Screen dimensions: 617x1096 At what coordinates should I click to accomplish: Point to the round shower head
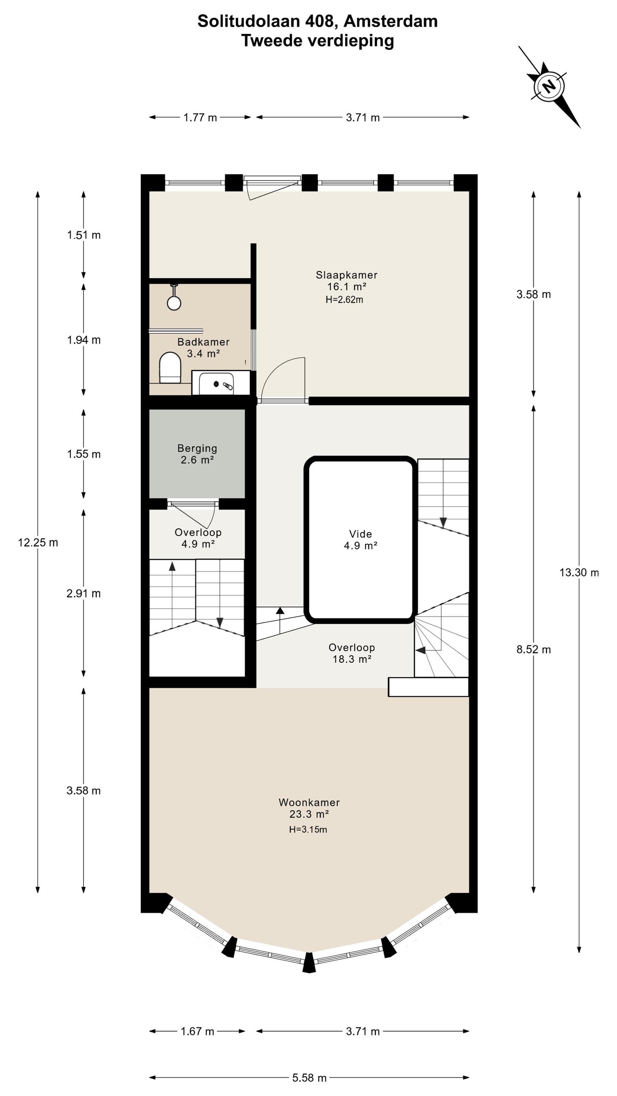(174, 303)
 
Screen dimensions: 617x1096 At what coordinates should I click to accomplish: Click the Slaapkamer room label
(346, 275)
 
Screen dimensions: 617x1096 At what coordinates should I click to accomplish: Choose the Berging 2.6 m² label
(197, 454)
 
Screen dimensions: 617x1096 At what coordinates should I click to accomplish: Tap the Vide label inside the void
(361, 534)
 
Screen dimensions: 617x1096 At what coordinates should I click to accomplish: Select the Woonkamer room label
(309, 802)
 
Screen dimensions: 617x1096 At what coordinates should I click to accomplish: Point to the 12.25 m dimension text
(38, 543)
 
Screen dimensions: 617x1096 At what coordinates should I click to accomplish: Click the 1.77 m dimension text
(200, 117)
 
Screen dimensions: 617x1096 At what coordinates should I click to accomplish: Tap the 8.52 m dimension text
(534, 650)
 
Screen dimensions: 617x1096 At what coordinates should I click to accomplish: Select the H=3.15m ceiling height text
(308, 829)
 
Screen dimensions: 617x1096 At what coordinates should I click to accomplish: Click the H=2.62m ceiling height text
(344, 300)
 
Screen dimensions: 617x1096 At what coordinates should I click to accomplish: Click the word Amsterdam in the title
(390, 21)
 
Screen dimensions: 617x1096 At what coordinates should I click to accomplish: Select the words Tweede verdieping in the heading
(318, 41)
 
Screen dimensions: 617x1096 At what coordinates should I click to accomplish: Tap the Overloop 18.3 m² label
(352, 653)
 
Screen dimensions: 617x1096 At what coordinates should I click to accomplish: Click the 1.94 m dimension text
(84, 340)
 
